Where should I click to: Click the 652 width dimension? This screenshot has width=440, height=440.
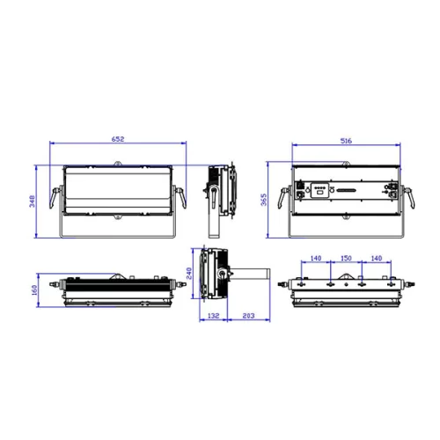pos(117,139)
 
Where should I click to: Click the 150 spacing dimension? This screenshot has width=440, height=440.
pos(346,259)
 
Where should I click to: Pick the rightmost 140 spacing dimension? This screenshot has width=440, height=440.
pos(376,259)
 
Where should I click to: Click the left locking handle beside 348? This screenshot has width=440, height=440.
pos(58,195)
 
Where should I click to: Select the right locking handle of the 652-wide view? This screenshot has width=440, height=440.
pos(180,195)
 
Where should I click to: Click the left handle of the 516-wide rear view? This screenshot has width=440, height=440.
pos(283,198)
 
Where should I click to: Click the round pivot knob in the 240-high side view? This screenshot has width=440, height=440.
pos(221,275)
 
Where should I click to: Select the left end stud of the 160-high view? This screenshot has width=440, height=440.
pos(57,285)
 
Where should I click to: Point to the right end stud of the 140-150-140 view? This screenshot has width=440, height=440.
pos(409,285)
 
